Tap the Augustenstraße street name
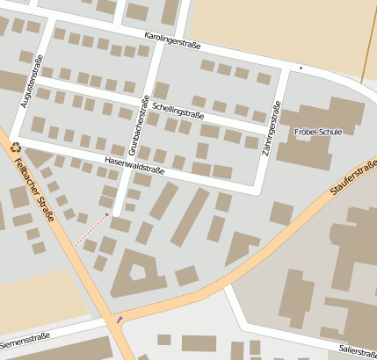click(32, 81)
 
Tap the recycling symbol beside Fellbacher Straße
click(15, 148)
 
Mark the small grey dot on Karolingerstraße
click(301, 68)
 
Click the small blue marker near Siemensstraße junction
click(119, 320)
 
